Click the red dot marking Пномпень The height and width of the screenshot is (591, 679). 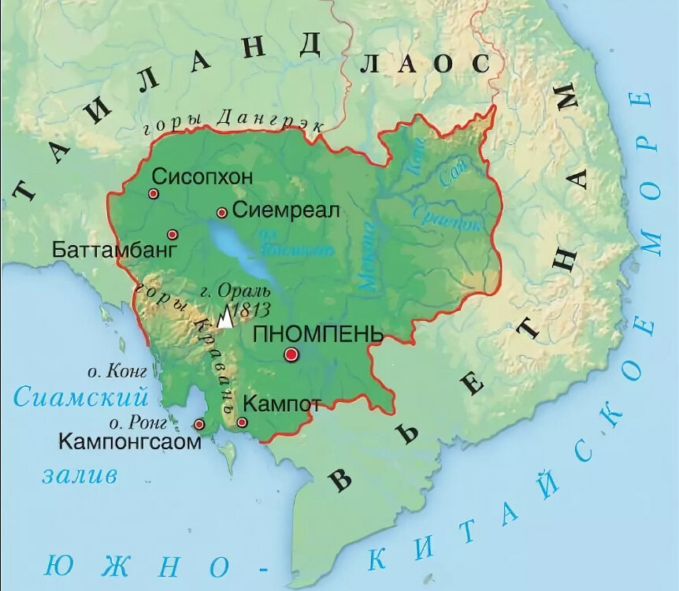point(291,355)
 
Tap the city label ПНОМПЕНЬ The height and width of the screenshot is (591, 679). point(318,333)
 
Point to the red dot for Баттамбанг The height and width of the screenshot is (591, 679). point(173,234)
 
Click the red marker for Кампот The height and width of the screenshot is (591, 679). point(242,423)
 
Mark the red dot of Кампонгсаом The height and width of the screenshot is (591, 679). point(199,425)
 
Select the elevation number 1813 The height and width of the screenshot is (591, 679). point(254,309)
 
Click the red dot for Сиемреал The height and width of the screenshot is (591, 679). point(222,212)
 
